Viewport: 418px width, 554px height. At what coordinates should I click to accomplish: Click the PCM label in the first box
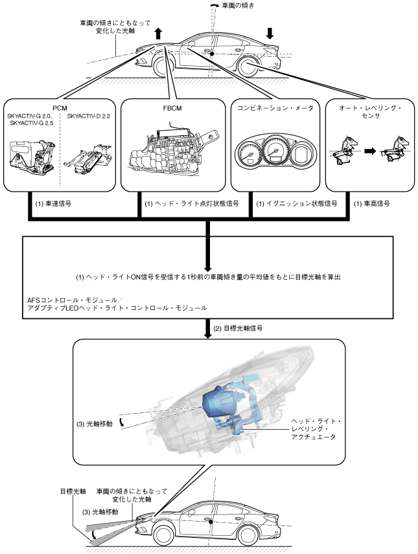(x=60, y=108)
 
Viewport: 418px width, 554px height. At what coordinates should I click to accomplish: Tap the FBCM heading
(x=172, y=109)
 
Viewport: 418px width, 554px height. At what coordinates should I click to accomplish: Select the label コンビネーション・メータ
(x=275, y=108)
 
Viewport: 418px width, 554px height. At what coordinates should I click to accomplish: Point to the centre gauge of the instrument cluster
(x=274, y=151)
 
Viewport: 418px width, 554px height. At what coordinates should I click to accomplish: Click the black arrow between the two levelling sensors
(x=370, y=151)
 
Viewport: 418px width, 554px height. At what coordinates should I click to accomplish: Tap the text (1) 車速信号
(x=53, y=203)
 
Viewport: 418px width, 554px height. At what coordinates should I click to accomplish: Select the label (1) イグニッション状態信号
(x=297, y=203)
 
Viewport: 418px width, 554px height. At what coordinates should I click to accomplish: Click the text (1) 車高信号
(x=371, y=203)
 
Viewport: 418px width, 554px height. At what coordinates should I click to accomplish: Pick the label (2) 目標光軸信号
(x=238, y=328)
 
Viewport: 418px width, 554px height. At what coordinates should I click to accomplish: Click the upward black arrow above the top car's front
(x=158, y=34)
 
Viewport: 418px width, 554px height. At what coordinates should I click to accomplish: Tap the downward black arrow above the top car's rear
(x=270, y=33)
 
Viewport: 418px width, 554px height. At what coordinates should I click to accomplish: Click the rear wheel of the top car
(x=248, y=67)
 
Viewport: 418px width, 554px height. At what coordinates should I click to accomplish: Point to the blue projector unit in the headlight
(x=220, y=403)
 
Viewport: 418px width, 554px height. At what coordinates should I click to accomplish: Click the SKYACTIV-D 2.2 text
(x=89, y=116)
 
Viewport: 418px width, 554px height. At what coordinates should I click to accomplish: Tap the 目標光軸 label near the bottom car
(x=73, y=491)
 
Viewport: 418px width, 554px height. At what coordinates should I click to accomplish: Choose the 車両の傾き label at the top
(x=238, y=5)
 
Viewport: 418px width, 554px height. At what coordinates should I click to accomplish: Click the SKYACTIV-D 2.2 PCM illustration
(x=89, y=157)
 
